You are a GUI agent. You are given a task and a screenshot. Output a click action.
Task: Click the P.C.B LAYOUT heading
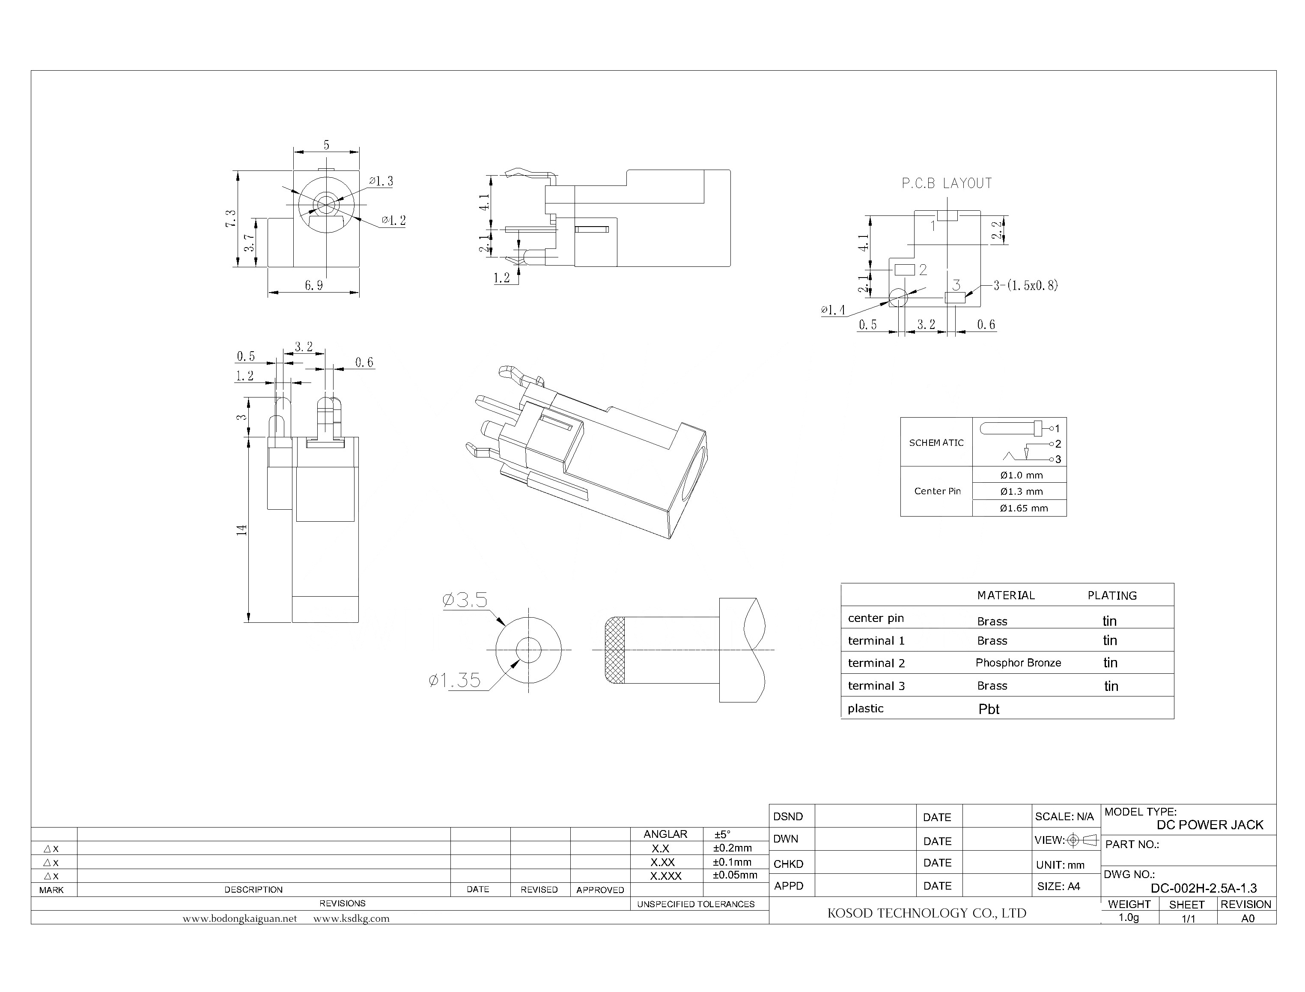tap(946, 184)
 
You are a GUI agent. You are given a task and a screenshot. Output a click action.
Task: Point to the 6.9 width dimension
tap(313, 285)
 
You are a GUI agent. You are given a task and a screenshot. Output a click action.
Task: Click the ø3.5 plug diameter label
tap(465, 601)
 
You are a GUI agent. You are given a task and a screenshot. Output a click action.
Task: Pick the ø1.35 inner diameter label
tap(454, 680)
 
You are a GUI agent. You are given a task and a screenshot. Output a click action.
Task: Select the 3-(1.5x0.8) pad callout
tap(1025, 286)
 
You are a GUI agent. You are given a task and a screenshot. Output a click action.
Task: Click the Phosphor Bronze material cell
tap(1018, 663)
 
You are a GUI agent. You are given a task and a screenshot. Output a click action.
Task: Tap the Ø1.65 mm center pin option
tap(1023, 508)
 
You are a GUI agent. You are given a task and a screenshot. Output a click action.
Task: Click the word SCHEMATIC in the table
tap(936, 442)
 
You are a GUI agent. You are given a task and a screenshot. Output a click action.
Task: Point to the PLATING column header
tap(1111, 595)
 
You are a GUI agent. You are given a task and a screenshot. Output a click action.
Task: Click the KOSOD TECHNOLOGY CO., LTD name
tap(926, 913)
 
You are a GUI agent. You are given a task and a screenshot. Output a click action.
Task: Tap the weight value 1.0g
tap(1129, 917)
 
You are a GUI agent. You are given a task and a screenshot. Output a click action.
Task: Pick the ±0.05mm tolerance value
tap(734, 875)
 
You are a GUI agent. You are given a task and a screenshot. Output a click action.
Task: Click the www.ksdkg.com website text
tap(351, 918)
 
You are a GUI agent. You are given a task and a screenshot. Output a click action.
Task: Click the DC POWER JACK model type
tap(1210, 825)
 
